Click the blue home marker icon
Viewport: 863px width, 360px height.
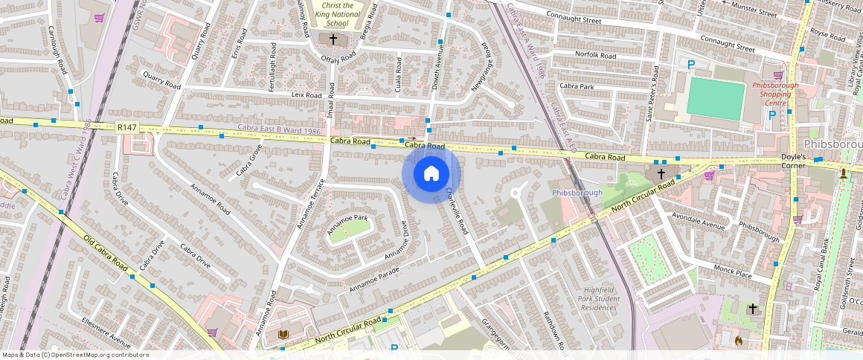click(431, 174)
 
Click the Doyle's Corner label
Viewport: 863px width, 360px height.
click(799, 158)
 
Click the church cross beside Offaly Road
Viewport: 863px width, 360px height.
click(333, 39)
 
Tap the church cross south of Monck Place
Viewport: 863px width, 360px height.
click(752, 308)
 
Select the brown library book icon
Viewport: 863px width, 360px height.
click(283, 335)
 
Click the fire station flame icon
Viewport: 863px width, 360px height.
click(739, 341)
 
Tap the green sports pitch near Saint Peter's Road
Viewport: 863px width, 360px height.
click(715, 100)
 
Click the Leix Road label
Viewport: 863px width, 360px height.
click(307, 95)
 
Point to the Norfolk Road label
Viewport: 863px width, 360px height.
click(595, 55)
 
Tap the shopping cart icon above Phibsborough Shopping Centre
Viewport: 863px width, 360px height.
click(778, 74)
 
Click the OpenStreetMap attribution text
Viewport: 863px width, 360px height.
click(76, 355)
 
